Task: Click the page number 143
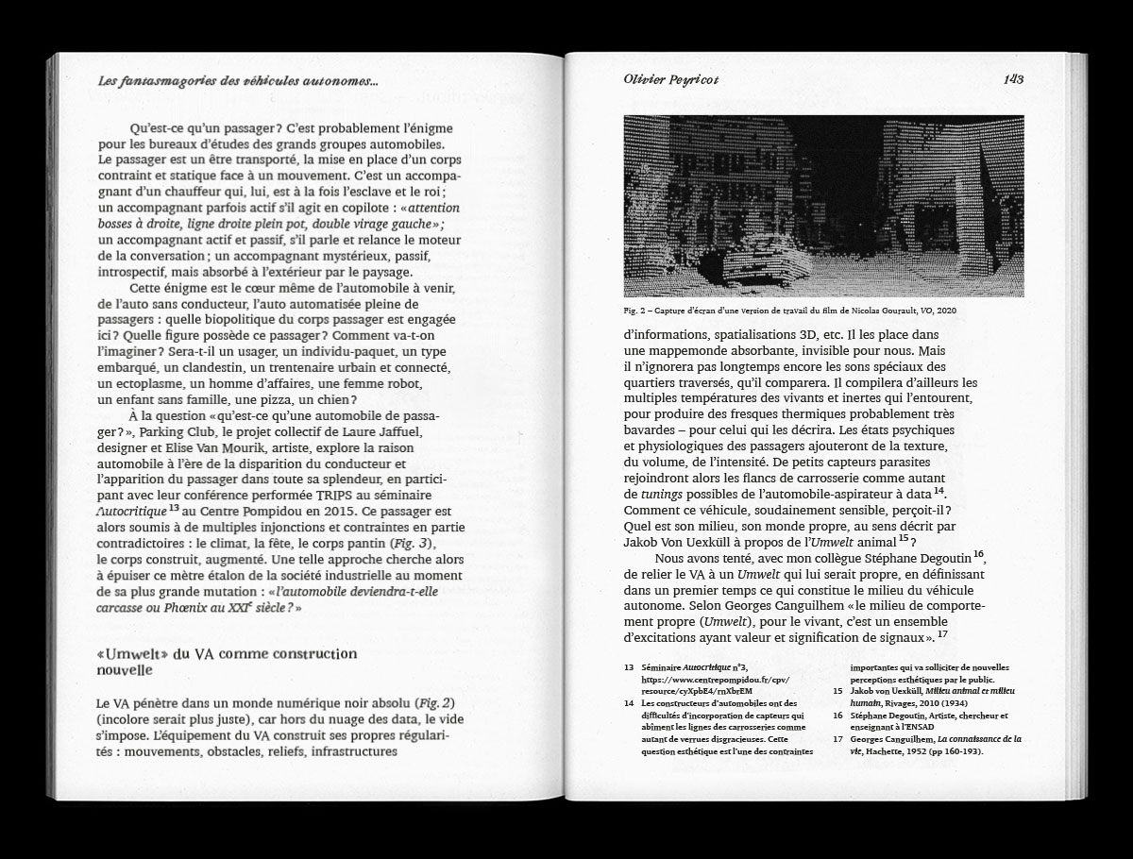[x=1013, y=79]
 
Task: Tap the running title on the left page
[x=238, y=82]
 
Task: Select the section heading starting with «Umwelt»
[x=227, y=661]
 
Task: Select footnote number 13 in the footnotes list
[x=629, y=666]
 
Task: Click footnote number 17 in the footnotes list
[x=838, y=740]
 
